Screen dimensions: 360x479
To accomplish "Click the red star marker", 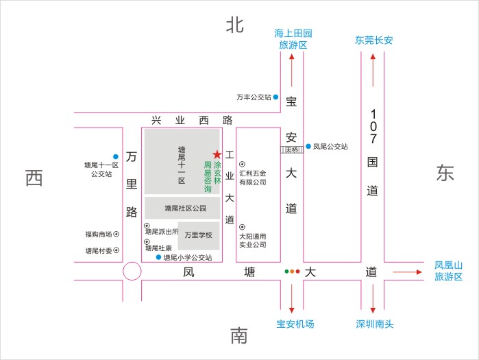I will pos(217,154).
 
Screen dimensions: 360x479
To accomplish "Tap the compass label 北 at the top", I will pos(235,25).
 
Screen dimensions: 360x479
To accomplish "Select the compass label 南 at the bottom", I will pos(238,336).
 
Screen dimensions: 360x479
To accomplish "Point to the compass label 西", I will pos(34,178).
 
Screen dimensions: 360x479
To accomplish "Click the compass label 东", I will pos(445,173).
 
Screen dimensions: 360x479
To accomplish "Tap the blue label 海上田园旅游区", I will pos(293,39).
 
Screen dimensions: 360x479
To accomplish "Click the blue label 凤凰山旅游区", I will pos(449,271).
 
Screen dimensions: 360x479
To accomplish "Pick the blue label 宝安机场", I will pos(295,324).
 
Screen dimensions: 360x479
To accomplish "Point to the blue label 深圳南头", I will pos(374,324).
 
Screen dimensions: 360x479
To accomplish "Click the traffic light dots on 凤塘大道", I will pos(293,272).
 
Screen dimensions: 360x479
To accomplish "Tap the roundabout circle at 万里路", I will pos(131,272).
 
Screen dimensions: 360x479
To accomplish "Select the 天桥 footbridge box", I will pos(291,149).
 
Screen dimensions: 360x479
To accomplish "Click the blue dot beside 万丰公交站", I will pos(276,97).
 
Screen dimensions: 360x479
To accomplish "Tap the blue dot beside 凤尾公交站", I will pos(308,146).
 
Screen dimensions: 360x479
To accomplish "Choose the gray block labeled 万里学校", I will pos(199,235).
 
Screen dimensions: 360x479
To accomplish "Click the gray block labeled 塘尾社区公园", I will pos(182,208).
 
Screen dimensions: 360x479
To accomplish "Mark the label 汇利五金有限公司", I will pos(252,178).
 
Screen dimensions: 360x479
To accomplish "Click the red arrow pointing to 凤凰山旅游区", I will pos(410,272).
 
